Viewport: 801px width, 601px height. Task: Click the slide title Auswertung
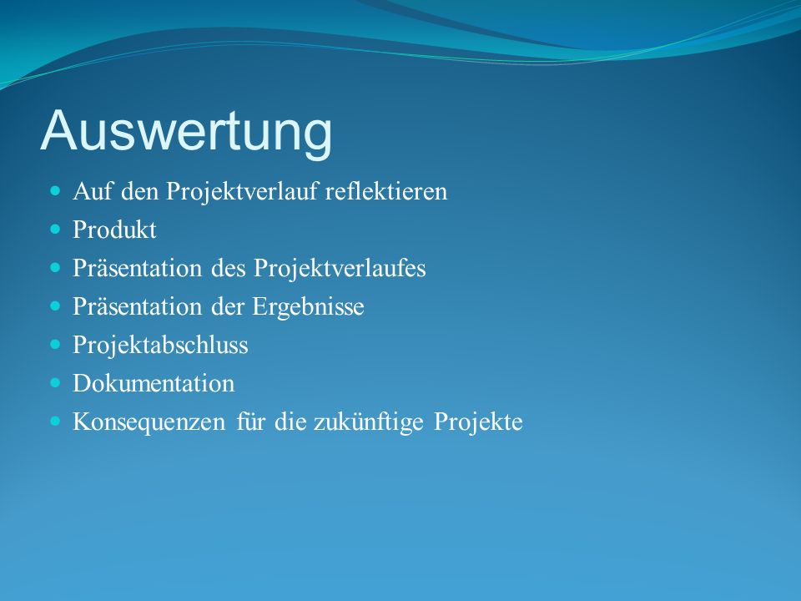(x=186, y=131)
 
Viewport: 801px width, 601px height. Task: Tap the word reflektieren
(x=386, y=192)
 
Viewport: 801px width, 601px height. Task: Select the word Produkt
(x=114, y=230)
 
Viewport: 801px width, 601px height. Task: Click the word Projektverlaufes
(x=340, y=269)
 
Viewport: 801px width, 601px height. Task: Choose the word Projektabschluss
(x=160, y=345)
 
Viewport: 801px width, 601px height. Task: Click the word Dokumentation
(x=154, y=383)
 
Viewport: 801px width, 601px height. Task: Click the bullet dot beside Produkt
(x=55, y=229)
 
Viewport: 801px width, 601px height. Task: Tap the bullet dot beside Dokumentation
(x=55, y=383)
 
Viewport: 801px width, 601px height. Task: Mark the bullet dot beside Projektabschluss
(x=55, y=345)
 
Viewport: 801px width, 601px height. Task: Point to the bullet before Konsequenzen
(x=55, y=421)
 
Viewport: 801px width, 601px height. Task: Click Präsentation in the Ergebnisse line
(x=138, y=306)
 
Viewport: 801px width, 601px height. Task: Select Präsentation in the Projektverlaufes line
(x=138, y=268)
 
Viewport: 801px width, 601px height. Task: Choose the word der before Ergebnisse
(x=227, y=306)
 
